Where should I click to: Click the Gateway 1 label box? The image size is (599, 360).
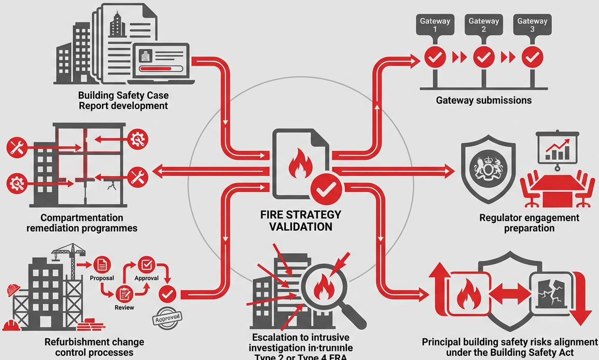[x=435, y=25]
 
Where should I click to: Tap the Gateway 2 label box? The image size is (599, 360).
[x=483, y=25]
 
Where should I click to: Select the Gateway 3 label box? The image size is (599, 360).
[x=532, y=25]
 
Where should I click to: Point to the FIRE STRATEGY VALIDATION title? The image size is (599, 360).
[x=300, y=220]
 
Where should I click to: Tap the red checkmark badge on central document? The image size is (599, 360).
[x=325, y=189]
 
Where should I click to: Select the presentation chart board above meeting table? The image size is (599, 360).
[x=557, y=147]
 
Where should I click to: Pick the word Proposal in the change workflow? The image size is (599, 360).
[x=102, y=278]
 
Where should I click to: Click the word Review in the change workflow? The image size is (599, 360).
[x=124, y=307]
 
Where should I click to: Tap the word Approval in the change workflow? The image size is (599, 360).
[x=146, y=278]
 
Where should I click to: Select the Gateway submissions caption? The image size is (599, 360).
[x=484, y=100]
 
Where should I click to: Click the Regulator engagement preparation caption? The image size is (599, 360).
[x=529, y=223]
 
